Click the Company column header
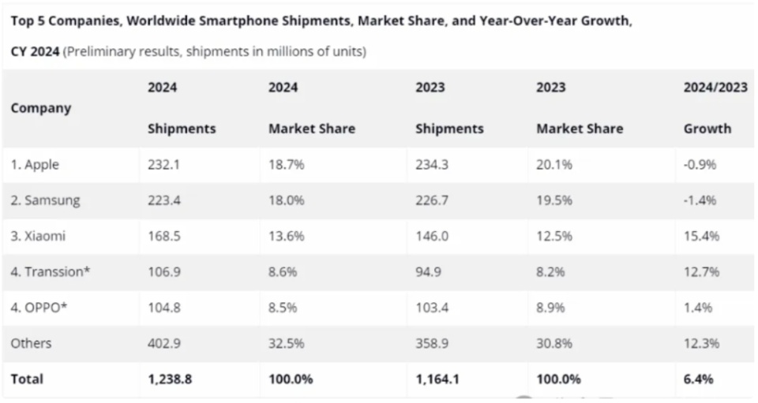point(41,108)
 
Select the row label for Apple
point(36,165)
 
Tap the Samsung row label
point(46,200)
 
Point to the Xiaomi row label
point(39,236)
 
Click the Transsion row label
point(51,271)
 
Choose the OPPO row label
point(39,308)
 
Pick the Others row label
point(32,343)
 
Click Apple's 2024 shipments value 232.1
point(164,165)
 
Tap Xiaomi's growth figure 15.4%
point(700,236)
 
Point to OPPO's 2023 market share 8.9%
point(550,308)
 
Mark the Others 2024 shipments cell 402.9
point(164,343)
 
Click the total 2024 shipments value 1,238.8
point(170,379)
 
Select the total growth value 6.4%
point(698,379)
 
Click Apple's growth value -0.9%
point(700,165)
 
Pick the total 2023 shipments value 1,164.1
point(437,379)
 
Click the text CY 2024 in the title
point(35,52)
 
